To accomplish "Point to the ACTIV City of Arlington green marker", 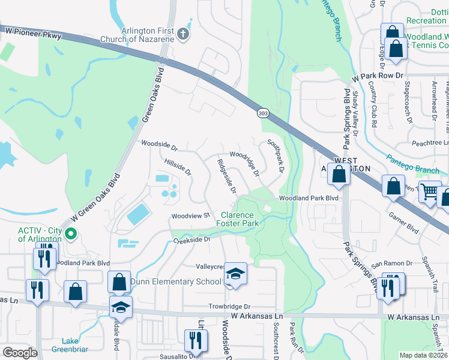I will click(71, 234).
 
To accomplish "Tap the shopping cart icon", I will click(429, 192).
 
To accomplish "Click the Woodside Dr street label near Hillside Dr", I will click(159, 145).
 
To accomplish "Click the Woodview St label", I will click(189, 215).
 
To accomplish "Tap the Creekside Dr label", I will click(193, 239).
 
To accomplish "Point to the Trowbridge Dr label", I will click(229, 306).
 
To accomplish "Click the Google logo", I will click(20, 353).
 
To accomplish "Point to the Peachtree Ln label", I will click(430, 143).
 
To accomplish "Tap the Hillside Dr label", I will click(177, 167).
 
